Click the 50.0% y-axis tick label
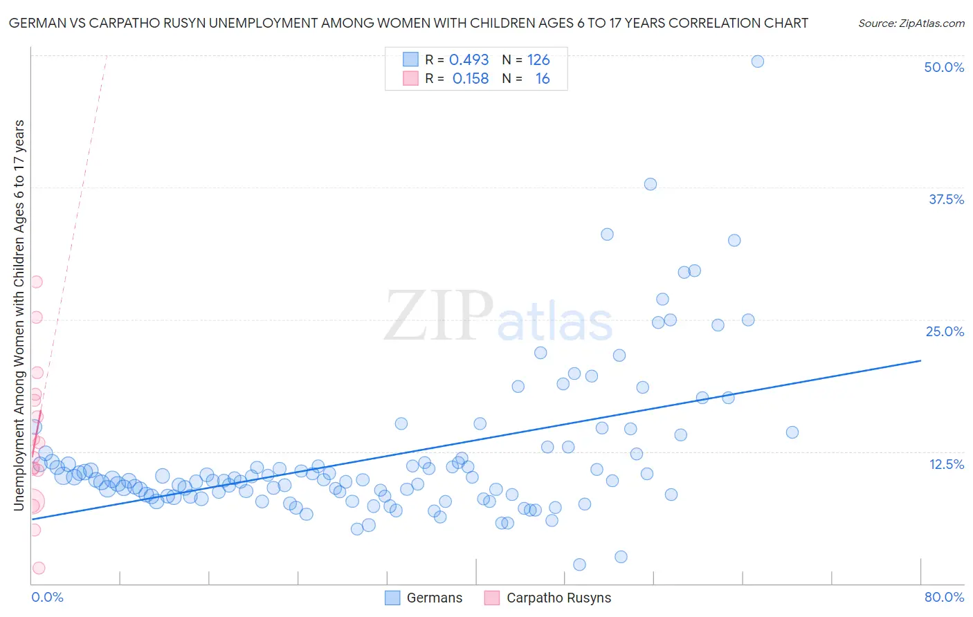pyautogui.click(x=943, y=67)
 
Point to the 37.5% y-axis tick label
pyautogui.click(x=945, y=199)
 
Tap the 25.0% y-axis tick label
pyautogui.click(x=944, y=331)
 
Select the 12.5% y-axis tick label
pyautogui.click(x=945, y=464)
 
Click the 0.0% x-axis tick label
pyautogui.click(x=47, y=597)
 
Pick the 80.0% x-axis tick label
pyautogui.click(x=943, y=597)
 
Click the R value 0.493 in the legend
pyautogui.click(x=469, y=60)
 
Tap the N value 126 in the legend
pyautogui.click(x=538, y=60)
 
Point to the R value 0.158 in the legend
pyautogui.click(x=470, y=79)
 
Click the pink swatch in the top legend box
pyautogui.click(x=410, y=78)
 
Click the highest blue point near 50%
pyautogui.click(x=757, y=62)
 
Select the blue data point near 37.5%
pyautogui.click(x=650, y=184)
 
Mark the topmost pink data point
pyautogui.click(x=36, y=282)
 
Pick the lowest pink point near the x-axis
pyautogui.click(x=39, y=568)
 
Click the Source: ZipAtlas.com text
pyautogui.click(x=911, y=24)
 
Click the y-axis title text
pyautogui.click(x=19, y=315)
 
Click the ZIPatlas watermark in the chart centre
pyautogui.click(x=498, y=316)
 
